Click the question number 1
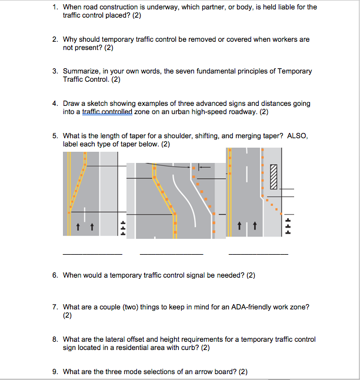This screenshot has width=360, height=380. tap(54, 7)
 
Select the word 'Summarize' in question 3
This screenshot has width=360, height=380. tap(80, 71)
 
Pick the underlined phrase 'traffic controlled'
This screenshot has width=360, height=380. tap(108, 111)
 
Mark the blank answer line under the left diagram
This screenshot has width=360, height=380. tap(92, 254)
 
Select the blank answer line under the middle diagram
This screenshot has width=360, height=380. tap(171, 254)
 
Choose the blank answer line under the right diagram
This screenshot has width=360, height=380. tap(258, 254)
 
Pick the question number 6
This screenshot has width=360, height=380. tap(54, 275)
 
